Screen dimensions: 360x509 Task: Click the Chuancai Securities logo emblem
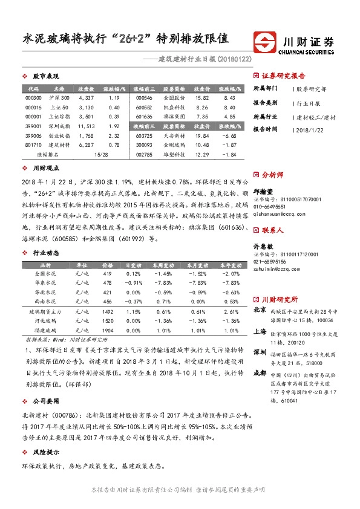coord(265,43)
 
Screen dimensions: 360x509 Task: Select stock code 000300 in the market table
coord(34,97)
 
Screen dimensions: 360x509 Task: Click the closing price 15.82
coord(201,97)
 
